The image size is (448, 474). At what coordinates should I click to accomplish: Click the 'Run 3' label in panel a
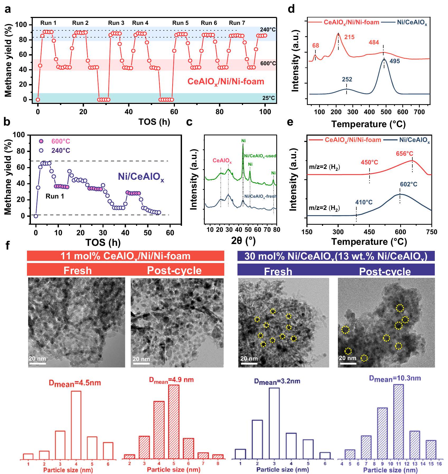click(x=116, y=23)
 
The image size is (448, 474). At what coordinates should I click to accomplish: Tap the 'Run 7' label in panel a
click(x=237, y=23)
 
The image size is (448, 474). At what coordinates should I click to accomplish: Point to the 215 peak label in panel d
click(x=349, y=37)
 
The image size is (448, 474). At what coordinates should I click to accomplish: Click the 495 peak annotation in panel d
click(x=395, y=61)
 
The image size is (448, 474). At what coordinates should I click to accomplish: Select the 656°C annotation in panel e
click(x=404, y=154)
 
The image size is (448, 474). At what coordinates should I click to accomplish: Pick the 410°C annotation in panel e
click(x=364, y=202)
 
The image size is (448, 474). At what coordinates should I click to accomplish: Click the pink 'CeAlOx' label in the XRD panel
click(x=222, y=160)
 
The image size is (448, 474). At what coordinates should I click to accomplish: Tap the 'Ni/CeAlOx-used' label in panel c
click(x=260, y=156)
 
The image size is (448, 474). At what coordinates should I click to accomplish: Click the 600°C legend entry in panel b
click(x=61, y=141)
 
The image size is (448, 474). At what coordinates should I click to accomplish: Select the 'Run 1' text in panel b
click(x=55, y=196)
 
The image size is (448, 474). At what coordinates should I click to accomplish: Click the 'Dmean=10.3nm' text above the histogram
click(x=395, y=379)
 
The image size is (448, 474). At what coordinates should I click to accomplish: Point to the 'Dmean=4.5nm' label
click(x=75, y=383)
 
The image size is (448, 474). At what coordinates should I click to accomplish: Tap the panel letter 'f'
click(x=8, y=246)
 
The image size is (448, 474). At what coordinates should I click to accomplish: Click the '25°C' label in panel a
click(x=268, y=98)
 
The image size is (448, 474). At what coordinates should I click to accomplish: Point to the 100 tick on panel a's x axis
click(x=265, y=112)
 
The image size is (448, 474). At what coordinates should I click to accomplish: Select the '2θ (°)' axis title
click(x=243, y=241)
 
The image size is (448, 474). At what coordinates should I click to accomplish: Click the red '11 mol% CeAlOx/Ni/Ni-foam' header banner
click(x=125, y=256)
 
